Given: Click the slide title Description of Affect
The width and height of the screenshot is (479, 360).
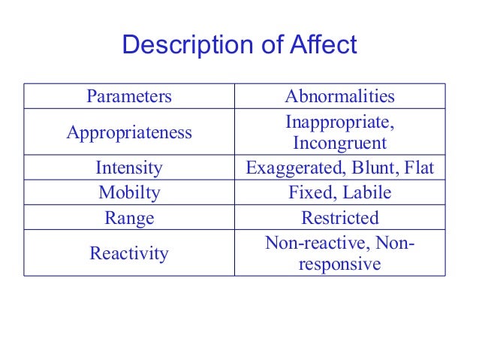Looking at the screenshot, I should (x=239, y=45).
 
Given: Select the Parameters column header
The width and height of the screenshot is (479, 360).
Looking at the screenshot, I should (x=129, y=96).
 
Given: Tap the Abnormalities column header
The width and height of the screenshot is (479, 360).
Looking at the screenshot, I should (x=340, y=96).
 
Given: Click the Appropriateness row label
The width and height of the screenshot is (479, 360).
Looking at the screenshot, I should (x=129, y=133).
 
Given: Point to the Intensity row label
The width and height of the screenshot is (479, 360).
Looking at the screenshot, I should (x=129, y=168).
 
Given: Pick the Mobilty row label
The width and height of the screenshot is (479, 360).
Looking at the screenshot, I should (x=129, y=193).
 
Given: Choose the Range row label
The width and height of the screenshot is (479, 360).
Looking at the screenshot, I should (x=129, y=219).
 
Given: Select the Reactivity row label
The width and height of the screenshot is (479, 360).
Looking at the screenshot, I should (x=129, y=254).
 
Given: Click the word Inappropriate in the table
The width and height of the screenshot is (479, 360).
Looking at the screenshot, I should (x=339, y=122).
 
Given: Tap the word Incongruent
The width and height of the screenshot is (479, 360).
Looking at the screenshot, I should (x=340, y=144).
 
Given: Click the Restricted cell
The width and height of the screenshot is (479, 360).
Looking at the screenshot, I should (x=340, y=219).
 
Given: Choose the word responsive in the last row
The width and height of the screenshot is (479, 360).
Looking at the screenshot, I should (x=340, y=265).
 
